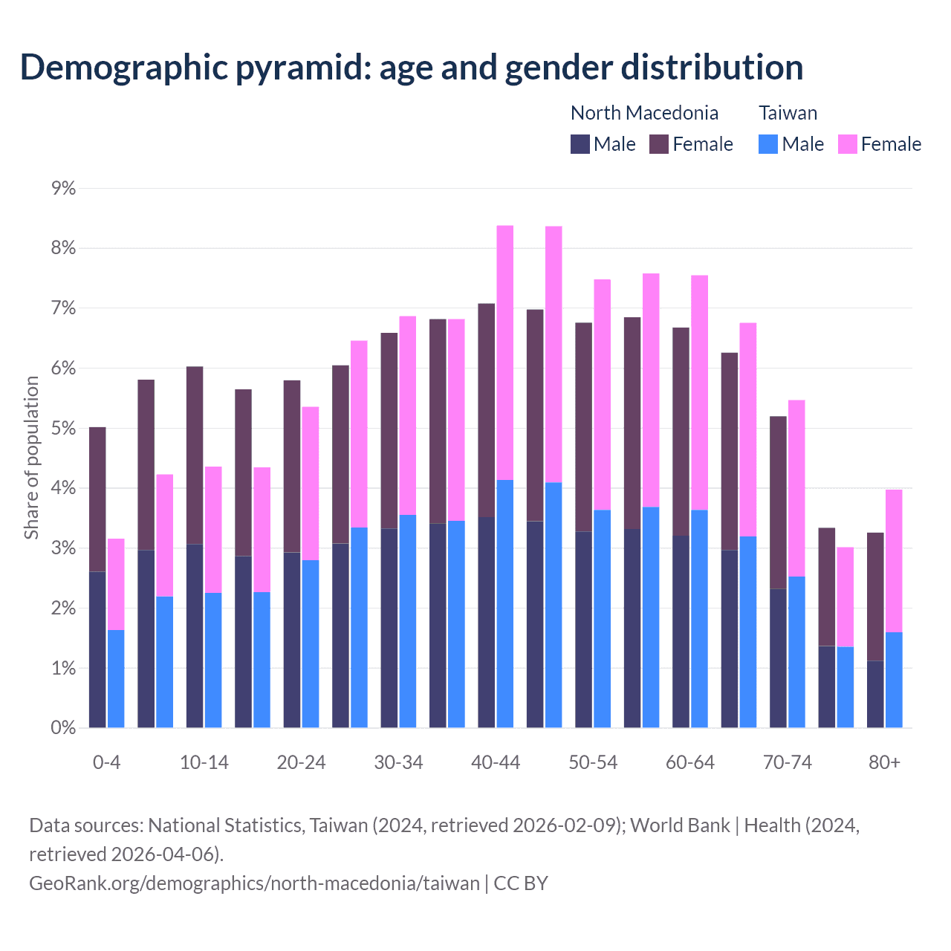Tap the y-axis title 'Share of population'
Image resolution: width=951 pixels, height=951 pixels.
tap(32, 457)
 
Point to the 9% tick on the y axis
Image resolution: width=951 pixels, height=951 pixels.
tap(63, 188)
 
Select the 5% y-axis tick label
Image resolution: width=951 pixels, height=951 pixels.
tap(63, 429)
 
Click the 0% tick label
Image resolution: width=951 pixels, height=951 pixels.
tap(63, 728)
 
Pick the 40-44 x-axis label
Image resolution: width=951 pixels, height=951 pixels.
tap(496, 762)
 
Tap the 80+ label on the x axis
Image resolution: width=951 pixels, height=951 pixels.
tap(884, 762)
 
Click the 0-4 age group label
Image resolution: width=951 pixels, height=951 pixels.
tap(107, 762)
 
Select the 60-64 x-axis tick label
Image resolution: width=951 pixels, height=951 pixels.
tap(690, 762)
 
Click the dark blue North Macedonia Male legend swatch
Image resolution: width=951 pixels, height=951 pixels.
tap(580, 144)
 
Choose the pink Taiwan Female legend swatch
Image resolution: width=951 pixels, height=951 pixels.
tap(847, 144)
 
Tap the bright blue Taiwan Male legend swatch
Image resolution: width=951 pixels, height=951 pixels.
tap(768, 144)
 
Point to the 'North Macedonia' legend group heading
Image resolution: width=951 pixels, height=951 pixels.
tap(644, 113)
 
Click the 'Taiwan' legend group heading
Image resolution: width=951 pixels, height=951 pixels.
tap(788, 113)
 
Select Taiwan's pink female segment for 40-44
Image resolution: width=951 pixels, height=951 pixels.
tap(505, 353)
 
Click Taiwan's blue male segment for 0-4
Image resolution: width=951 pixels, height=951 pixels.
tap(116, 679)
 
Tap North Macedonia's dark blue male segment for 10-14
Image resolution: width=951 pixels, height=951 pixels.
tap(195, 636)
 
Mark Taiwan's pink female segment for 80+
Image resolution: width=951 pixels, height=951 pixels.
tap(894, 561)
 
